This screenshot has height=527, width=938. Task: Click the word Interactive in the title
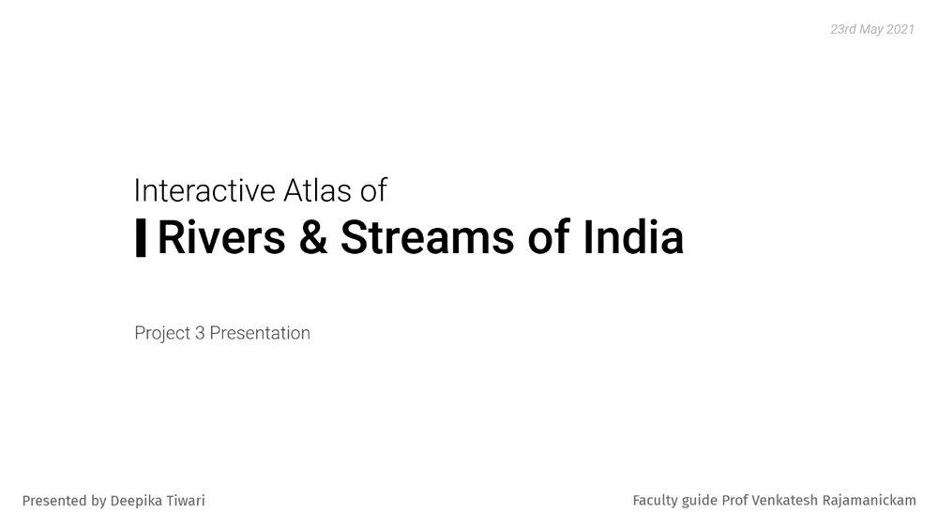(204, 190)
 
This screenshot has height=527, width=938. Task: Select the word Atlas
(317, 190)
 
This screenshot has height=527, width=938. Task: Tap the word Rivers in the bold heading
(221, 237)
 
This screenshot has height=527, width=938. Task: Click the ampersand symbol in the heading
(313, 237)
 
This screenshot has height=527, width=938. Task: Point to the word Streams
(427, 237)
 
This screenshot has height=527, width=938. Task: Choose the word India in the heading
(633, 237)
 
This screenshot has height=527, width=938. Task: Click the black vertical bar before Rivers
(141, 237)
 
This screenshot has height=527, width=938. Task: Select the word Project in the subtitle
(162, 333)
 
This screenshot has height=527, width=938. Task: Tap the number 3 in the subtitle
(200, 333)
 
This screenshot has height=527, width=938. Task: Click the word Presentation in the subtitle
(260, 333)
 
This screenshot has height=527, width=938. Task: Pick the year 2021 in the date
(900, 29)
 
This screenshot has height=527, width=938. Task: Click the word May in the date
(871, 30)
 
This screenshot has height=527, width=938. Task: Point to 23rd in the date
(843, 29)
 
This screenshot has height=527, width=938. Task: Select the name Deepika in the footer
(133, 501)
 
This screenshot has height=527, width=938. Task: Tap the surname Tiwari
(183, 501)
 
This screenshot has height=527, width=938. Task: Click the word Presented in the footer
(55, 501)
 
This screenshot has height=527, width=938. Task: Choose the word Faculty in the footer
(655, 500)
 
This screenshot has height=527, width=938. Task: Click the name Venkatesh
(785, 500)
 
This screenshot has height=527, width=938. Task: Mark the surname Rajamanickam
(870, 500)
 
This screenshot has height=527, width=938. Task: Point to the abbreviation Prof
(734, 500)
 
